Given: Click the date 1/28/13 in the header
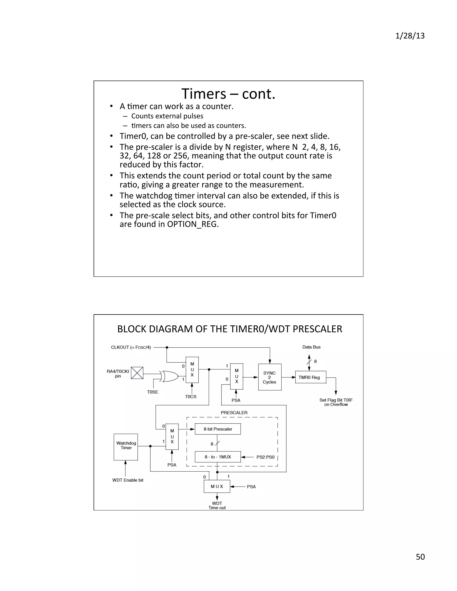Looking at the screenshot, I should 410,36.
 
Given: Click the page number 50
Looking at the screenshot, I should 420,557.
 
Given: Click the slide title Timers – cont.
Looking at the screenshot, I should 228,94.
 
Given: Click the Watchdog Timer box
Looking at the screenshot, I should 126,447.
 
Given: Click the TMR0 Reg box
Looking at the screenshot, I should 310,377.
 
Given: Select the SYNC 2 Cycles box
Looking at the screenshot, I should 270,377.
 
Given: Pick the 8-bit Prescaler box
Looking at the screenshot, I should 218,429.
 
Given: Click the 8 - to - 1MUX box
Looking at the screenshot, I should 218,457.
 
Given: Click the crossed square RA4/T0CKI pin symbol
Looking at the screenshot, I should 137,373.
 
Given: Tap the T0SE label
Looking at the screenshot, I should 152,392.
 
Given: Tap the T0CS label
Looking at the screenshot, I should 191,397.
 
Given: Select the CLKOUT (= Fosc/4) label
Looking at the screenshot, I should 131,347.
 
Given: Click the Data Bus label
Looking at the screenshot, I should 311,347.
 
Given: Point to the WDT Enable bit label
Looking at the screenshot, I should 128,480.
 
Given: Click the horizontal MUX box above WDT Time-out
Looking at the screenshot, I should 217,486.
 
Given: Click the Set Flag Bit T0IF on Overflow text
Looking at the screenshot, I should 336,402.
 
